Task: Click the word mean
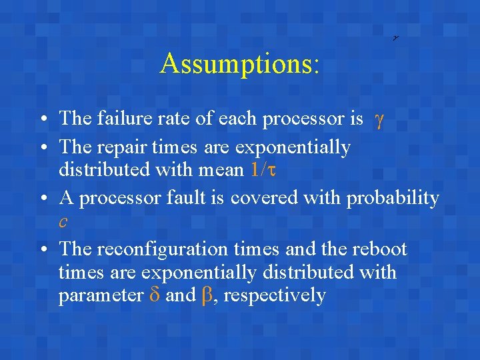224,170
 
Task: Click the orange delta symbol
153,295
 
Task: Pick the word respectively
275,295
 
